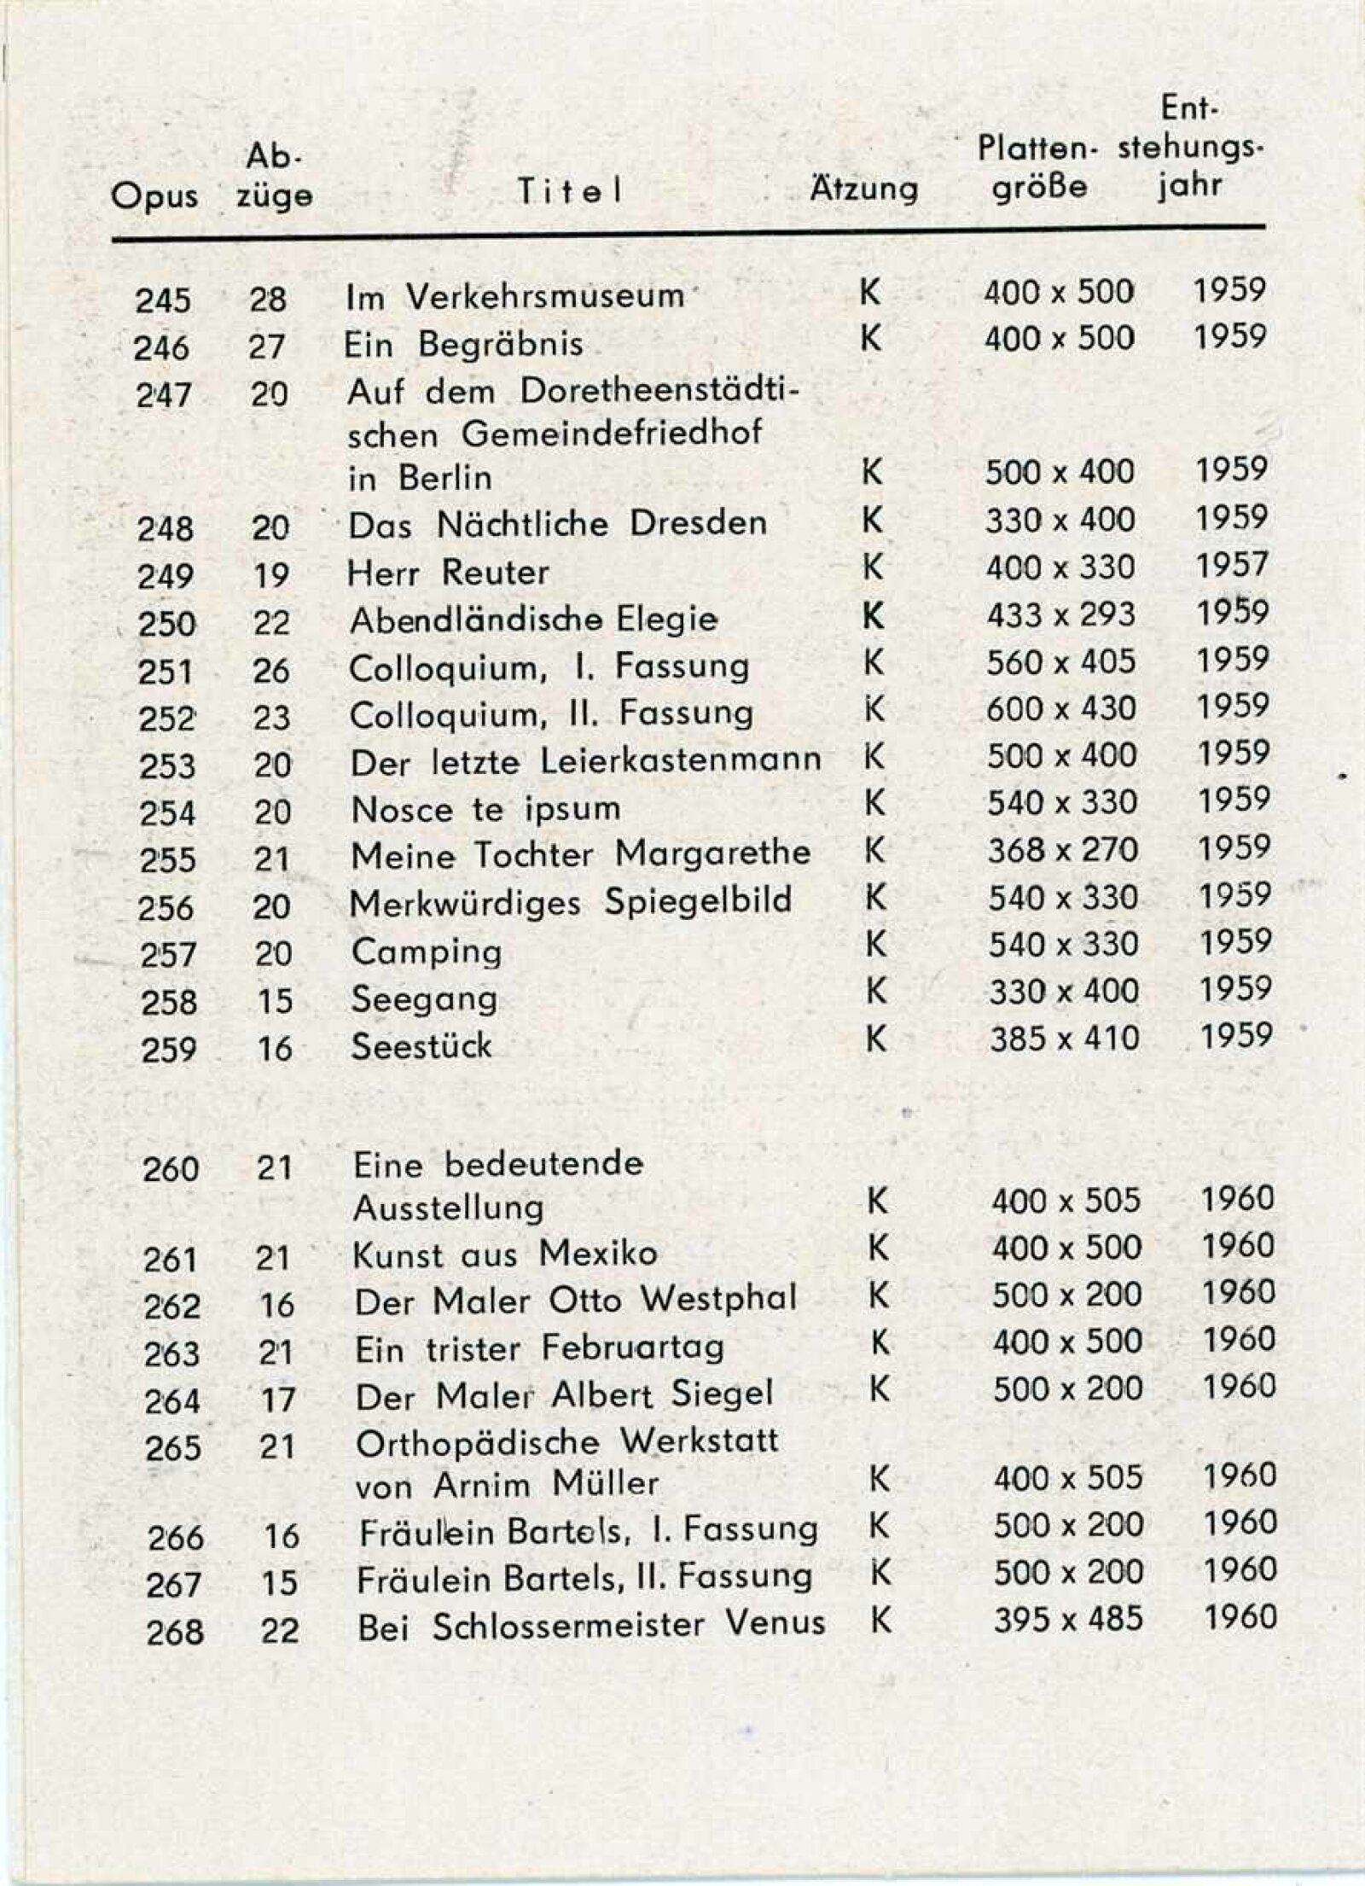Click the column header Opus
click(x=154, y=197)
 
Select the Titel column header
click(x=569, y=193)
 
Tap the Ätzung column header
click(x=863, y=188)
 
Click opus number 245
click(x=163, y=300)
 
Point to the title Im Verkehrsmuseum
click(x=515, y=296)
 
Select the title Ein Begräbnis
click(x=463, y=344)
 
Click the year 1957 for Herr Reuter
click(x=1231, y=565)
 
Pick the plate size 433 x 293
click(x=1060, y=614)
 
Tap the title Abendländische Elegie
click(x=533, y=620)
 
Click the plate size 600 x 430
click(x=1061, y=709)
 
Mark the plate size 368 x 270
click(x=1063, y=851)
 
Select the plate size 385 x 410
click(x=1065, y=1039)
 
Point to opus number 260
click(x=171, y=1168)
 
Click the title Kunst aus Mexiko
click(x=505, y=1254)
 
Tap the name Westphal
click(x=718, y=1300)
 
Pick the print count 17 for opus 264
click(x=277, y=1400)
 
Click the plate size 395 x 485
click(x=1068, y=1619)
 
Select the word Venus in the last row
click(x=775, y=1622)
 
